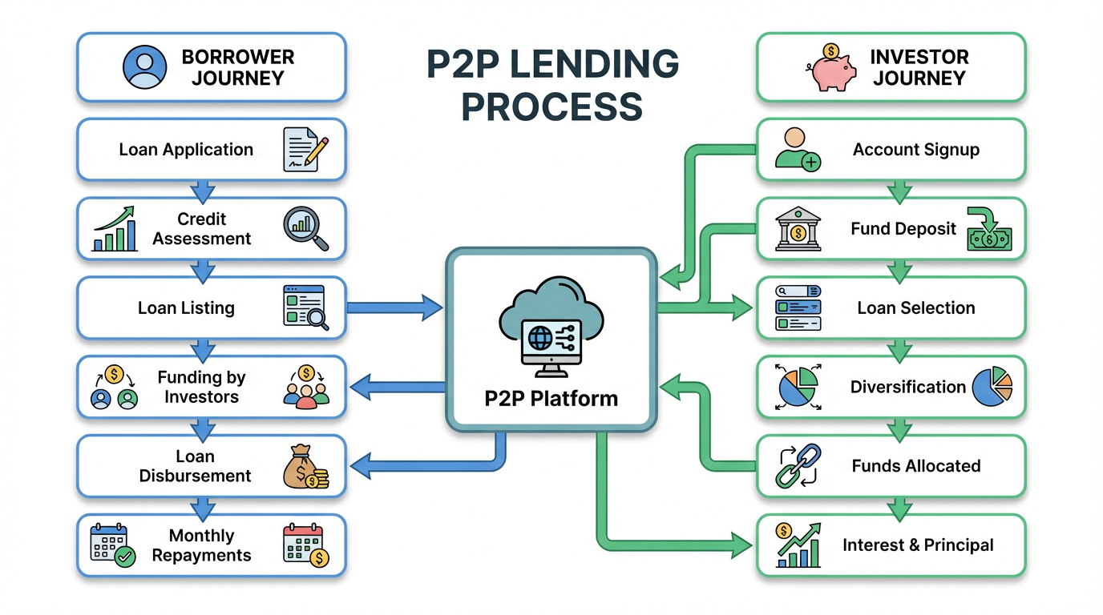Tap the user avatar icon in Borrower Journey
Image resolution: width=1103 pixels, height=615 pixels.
click(x=145, y=67)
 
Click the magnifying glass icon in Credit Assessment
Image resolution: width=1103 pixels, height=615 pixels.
click(x=305, y=228)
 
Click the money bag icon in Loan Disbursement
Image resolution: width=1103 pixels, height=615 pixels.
click(x=305, y=467)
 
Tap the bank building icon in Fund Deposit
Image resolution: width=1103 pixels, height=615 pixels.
click(x=798, y=230)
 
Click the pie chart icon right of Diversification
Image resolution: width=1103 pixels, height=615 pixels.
click(x=992, y=388)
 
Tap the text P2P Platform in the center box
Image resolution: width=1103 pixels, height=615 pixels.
click(x=551, y=398)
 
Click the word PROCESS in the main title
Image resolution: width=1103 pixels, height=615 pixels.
click(x=551, y=106)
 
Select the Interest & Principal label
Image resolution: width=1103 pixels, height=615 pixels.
click(x=918, y=545)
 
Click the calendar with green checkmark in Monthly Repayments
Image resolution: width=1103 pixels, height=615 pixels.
click(x=112, y=545)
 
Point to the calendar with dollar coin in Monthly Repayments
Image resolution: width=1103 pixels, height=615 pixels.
click(x=305, y=545)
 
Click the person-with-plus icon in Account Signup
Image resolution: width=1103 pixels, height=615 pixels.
click(x=798, y=149)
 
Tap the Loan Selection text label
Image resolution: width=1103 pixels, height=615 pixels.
click(x=915, y=307)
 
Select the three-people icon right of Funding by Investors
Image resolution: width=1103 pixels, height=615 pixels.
click(x=305, y=387)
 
